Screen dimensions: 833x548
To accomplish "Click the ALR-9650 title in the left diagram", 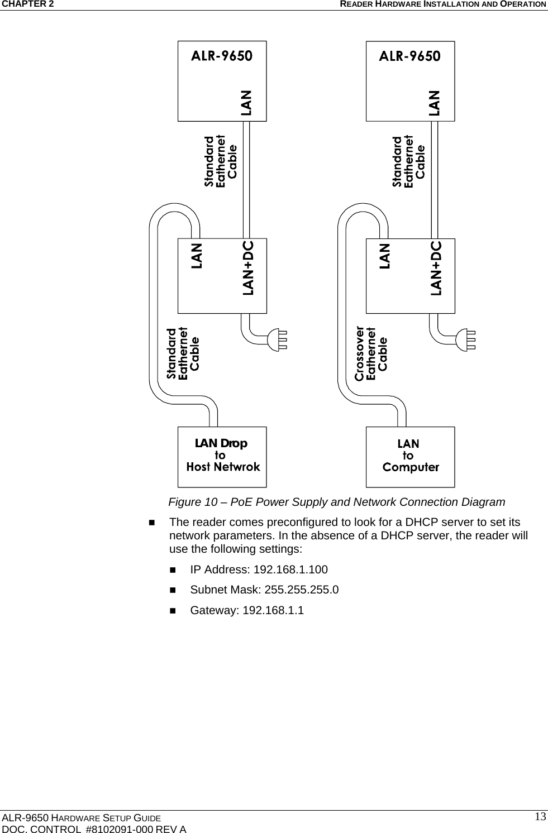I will coord(222,56).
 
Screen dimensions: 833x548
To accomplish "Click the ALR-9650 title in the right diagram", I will coord(409,56).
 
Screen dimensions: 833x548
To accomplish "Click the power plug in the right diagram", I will coord(466,339).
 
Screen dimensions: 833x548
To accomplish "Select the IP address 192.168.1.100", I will coord(290,569).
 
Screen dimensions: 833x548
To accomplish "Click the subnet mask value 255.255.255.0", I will coord(301,590).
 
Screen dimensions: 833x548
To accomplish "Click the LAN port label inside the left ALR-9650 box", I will coord(246,103).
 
